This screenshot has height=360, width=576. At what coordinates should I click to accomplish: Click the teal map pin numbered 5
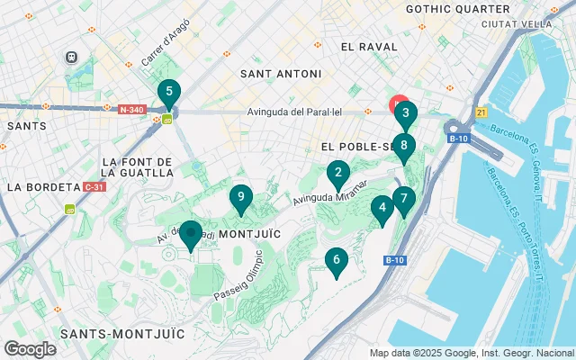pyautogui.click(x=168, y=93)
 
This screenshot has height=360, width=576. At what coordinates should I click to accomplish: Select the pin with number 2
pyautogui.click(x=337, y=174)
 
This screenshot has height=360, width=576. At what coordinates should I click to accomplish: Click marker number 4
pyautogui.click(x=382, y=209)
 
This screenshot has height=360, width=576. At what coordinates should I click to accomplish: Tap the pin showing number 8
pyautogui.click(x=404, y=146)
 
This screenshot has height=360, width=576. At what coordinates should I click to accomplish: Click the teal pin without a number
pyautogui.click(x=191, y=234)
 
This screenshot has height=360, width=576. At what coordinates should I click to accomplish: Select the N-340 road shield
pyautogui.click(x=131, y=110)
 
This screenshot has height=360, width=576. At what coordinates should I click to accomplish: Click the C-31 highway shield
pyautogui.click(x=93, y=187)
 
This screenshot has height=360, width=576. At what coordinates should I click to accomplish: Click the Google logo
pyautogui.click(x=30, y=349)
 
